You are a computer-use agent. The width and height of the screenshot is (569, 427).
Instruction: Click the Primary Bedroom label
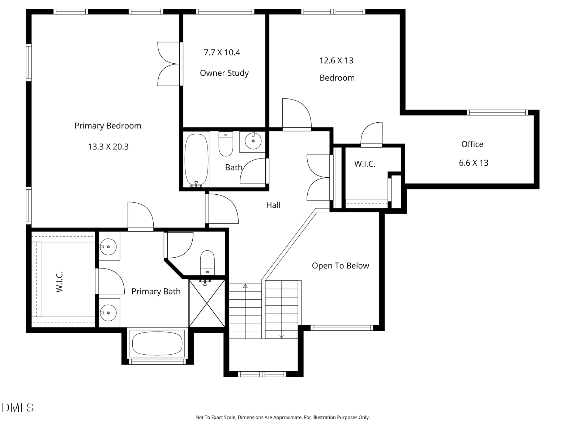(x=108, y=126)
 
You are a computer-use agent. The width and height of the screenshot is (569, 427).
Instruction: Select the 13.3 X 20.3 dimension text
(x=108, y=147)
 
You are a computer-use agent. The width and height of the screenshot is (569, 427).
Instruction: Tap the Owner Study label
(x=224, y=73)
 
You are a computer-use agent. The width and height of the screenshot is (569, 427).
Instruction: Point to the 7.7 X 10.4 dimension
(x=222, y=52)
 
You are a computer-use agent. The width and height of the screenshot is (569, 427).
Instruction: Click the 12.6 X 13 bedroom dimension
(x=336, y=60)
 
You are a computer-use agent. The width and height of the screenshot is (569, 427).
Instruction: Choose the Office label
(x=472, y=144)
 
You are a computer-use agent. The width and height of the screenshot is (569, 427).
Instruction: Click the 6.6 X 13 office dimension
(x=474, y=163)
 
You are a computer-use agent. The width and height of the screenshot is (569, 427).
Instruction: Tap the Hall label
(x=273, y=205)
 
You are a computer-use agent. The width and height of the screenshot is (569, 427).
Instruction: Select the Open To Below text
(x=341, y=266)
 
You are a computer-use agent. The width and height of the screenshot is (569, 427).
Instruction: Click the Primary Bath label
(x=156, y=291)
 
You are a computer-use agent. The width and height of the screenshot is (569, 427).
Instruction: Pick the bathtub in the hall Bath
(x=196, y=160)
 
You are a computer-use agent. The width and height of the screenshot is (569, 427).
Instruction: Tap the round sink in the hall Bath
(x=253, y=140)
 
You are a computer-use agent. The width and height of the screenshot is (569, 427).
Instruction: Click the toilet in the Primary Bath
(x=207, y=263)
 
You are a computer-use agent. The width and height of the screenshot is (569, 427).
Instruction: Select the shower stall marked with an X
(x=207, y=303)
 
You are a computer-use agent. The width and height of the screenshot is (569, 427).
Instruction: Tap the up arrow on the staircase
(x=245, y=286)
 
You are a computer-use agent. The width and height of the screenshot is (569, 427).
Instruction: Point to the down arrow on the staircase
(x=282, y=336)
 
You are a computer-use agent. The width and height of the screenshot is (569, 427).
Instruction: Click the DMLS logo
(x=18, y=407)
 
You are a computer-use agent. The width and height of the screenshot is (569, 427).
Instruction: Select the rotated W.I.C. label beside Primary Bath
(x=60, y=282)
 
